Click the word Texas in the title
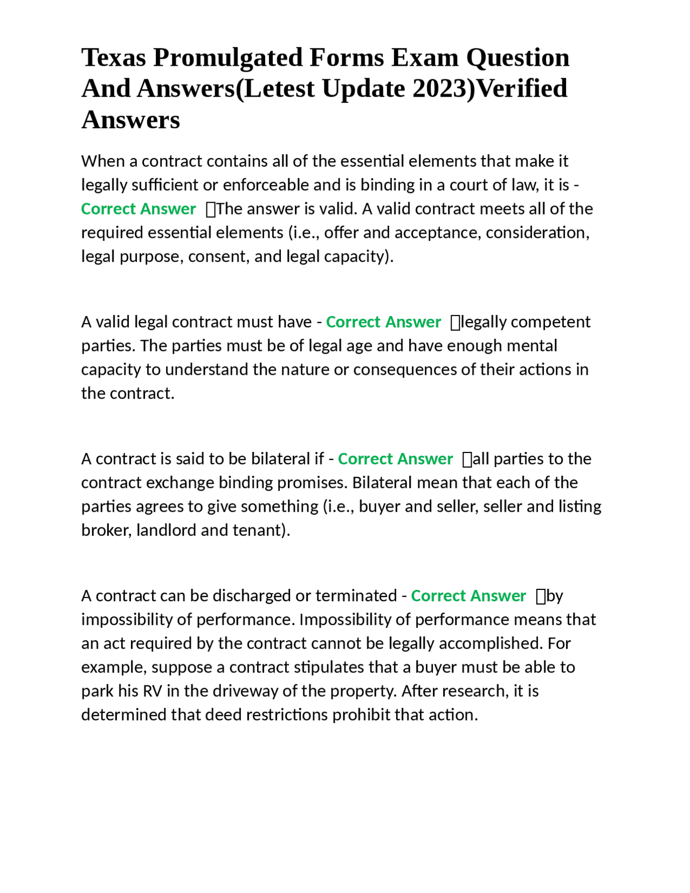click(x=113, y=57)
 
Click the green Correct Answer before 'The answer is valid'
click(x=138, y=209)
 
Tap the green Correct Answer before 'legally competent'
click(x=383, y=322)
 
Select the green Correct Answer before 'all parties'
click(x=395, y=459)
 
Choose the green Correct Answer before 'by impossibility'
click(x=468, y=596)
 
